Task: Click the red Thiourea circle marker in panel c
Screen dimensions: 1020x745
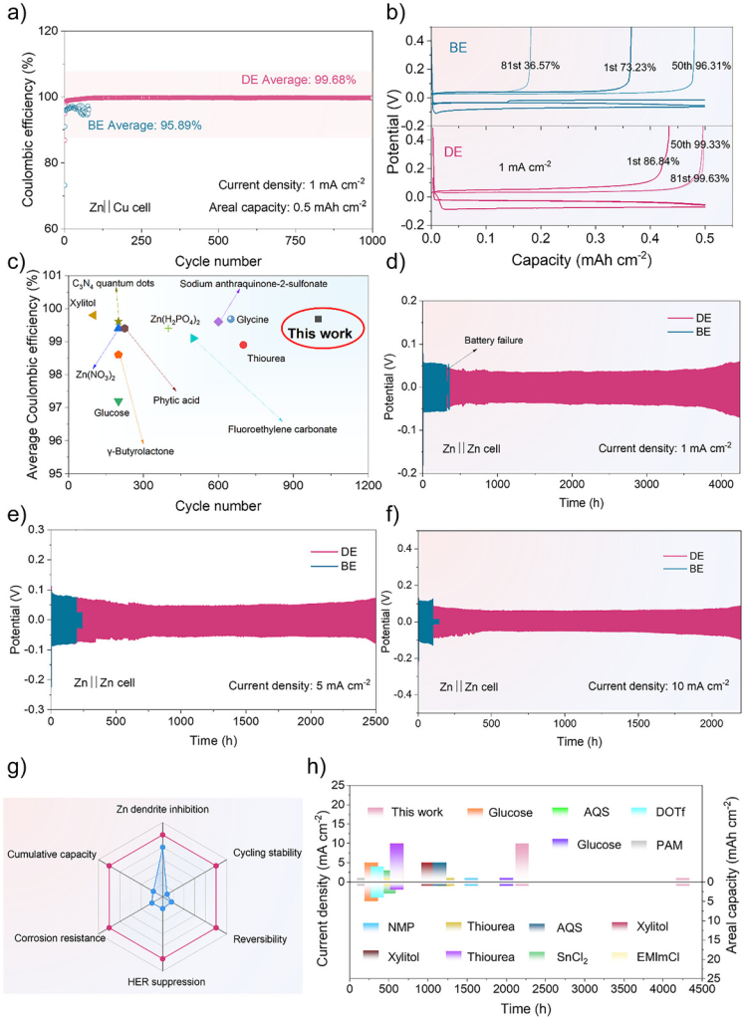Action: (x=243, y=345)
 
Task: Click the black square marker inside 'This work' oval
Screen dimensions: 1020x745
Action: (x=318, y=319)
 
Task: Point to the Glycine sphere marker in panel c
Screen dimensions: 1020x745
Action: (x=231, y=319)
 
